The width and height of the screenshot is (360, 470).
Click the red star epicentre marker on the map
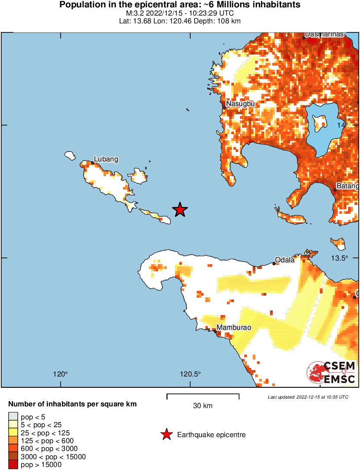coord(180,210)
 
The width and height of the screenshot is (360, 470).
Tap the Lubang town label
coord(106,159)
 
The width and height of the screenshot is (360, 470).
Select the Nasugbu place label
coord(240,104)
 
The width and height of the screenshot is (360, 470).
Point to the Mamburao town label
coord(234,328)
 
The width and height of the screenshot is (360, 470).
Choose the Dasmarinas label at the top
coord(324,34)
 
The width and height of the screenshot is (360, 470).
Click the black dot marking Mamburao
coord(215,332)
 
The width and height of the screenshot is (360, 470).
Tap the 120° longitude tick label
coord(61,374)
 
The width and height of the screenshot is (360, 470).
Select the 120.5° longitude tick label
coord(191,374)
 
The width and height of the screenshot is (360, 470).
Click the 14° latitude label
coord(343,125)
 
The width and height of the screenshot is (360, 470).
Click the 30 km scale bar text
coord(203,406)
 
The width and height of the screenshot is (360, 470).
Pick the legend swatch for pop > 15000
coord(13,465)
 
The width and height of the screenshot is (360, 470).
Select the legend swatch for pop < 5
coord(13,416)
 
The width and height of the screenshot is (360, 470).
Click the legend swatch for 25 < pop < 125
coord(13,432)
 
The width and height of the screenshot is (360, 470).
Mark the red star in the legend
coord(166,435)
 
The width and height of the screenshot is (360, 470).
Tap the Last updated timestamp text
coord(308,397)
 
